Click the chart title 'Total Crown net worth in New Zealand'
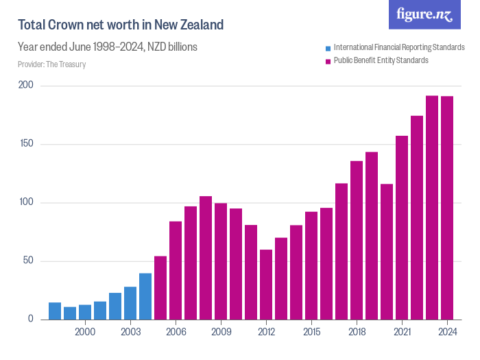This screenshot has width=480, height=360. tap(121, 25)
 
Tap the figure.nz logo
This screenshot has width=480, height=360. tap(424, 14)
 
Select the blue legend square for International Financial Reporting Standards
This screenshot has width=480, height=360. tap(328, 48)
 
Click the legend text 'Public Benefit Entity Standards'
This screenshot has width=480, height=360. tap(381, 60)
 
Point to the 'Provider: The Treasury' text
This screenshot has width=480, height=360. tap(51, 64)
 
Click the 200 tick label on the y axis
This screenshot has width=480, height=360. tap(26, 86)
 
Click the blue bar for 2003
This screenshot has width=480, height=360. tap(130, 303)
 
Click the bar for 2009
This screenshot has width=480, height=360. tap(221, 261)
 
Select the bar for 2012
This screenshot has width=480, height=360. tap(266, 285)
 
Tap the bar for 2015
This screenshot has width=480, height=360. tap(311, 265)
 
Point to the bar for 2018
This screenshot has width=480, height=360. tap(357, 240)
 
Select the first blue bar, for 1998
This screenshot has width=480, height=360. tap(55, 311)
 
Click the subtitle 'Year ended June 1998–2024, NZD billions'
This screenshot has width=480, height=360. tap(108, 47)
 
